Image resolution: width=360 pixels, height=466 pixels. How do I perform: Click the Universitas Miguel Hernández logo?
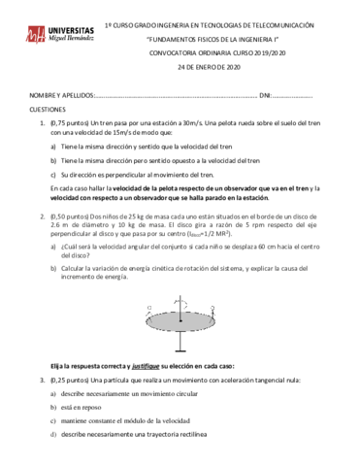point(59,35)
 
